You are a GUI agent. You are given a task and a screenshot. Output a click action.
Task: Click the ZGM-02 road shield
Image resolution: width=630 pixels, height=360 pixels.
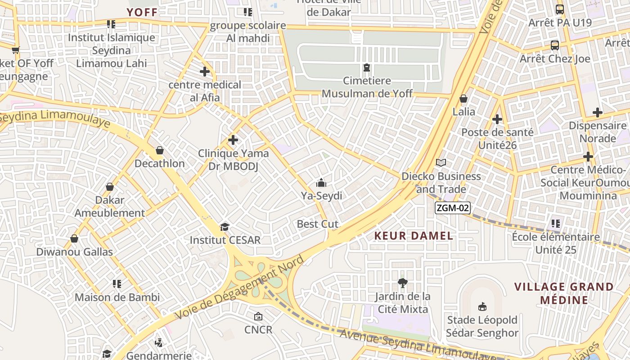453,208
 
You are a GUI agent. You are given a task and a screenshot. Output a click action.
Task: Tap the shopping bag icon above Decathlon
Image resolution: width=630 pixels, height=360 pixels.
159,150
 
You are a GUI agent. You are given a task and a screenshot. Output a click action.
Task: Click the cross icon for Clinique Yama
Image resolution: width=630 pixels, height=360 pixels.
233,140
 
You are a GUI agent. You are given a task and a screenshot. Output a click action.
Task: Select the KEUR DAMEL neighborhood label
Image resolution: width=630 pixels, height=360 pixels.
414,236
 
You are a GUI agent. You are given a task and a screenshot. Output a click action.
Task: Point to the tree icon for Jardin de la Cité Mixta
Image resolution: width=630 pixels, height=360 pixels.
403,283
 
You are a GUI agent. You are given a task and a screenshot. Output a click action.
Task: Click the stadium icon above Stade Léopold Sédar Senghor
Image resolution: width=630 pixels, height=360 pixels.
482,306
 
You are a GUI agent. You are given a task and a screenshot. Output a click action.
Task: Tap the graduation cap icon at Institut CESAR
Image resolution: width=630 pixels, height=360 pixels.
225,227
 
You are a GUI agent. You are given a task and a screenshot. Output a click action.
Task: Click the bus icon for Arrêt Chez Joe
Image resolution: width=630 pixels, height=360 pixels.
554,45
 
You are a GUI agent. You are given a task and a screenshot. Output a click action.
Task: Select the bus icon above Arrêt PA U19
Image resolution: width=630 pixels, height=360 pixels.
559,9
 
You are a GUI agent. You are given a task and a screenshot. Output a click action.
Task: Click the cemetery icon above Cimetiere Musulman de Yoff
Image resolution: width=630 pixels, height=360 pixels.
367,68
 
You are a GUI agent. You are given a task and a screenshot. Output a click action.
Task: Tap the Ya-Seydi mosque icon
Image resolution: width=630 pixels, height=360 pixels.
321,183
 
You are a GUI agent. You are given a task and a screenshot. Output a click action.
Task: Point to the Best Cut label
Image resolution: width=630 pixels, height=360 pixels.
318,224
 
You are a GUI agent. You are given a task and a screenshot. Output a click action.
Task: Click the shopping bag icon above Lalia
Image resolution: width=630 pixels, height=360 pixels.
463,99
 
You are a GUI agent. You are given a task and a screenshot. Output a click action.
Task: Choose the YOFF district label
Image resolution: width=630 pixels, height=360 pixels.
142,13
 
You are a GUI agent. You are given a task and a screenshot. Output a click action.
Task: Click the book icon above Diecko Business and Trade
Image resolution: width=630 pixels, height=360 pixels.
441,163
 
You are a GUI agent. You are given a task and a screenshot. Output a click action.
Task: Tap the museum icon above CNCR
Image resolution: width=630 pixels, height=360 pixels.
258,317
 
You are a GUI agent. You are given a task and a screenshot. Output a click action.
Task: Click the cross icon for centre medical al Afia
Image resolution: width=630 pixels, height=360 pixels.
205,72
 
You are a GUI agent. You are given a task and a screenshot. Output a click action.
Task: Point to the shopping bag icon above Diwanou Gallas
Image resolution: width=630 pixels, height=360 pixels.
74,238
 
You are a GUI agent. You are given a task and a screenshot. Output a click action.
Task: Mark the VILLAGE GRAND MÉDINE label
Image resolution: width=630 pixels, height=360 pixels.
564,293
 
